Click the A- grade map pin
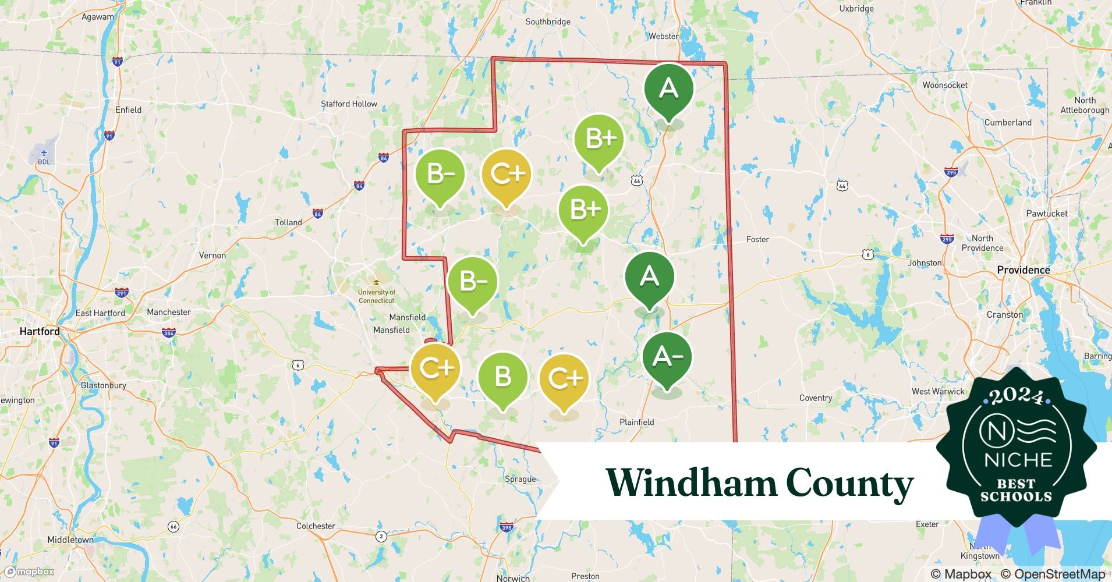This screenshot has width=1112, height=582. pos(667,357)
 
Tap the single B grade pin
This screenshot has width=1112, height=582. pos(503,378)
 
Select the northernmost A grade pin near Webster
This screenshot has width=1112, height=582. pos(668,89)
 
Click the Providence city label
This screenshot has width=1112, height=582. pos(1023,270)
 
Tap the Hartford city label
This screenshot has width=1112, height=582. pos(40,331)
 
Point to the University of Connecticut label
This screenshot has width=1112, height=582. pos(376,296)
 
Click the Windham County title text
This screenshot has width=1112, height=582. pos(759,483)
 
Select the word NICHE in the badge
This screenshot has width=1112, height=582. pos(1018,460)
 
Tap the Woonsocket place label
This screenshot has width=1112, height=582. pos(944,85)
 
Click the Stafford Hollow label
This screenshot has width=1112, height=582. pos(349,104)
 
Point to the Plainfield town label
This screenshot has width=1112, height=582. pos(636,422)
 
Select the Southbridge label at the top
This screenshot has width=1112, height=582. pos(548,22)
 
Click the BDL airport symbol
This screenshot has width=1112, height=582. pos(44,157)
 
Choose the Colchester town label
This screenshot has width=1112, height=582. pos(316,526)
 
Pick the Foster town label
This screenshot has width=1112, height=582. pos(757,239)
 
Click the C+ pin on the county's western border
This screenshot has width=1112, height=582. pos(435,368)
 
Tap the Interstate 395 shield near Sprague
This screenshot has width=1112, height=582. pos(506,528)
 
